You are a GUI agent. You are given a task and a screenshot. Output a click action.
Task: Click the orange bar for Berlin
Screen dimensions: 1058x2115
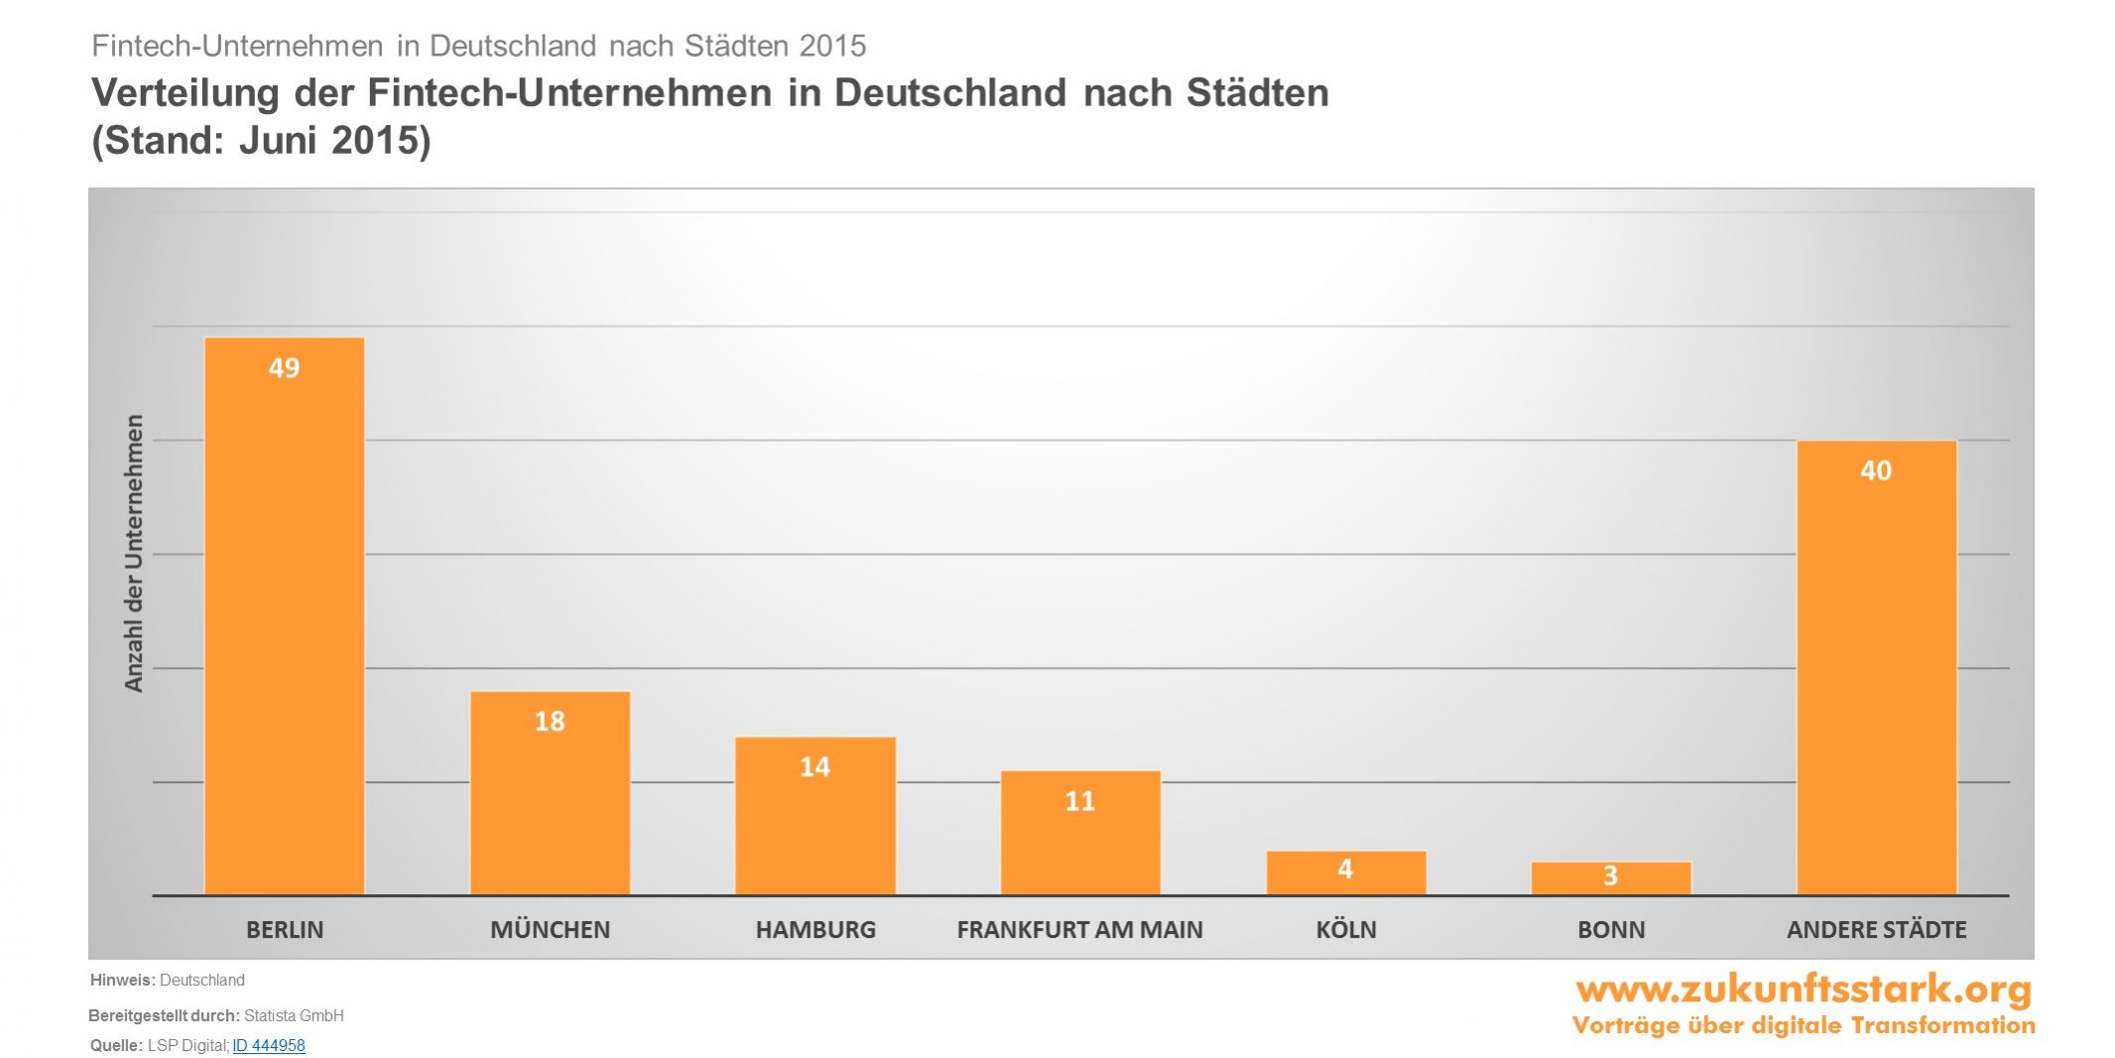(x=285, y=615)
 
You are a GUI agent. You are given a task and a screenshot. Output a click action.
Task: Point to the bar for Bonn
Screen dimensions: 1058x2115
(x=1611, y=878)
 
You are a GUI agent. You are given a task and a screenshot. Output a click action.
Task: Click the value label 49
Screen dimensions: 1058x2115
(x=284, y=368)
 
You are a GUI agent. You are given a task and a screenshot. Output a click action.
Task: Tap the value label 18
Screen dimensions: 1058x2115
(x=550, y=722)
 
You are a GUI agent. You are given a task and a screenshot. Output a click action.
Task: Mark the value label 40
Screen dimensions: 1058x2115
(x=1876, y=470)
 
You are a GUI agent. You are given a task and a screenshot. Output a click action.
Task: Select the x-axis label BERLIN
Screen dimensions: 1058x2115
(x=285, y=930)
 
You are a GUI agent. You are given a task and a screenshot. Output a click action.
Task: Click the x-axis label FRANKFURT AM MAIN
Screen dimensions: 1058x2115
(x=1079, y=930)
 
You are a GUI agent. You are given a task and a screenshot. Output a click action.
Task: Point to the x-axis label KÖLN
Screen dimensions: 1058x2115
(x=1346, y=930)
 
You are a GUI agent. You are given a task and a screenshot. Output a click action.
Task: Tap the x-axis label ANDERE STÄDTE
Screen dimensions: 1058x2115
(x=1876, y=930)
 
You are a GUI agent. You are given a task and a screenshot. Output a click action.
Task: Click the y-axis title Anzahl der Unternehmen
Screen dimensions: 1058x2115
(x=134, y=553)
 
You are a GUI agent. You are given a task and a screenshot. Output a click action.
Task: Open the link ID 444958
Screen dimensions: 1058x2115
(x=269, y=1045)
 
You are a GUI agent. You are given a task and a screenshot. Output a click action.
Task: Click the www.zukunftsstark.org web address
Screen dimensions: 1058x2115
(x=1804, y=989)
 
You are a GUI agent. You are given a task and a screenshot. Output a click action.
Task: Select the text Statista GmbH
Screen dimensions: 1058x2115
(x=294, y=1015)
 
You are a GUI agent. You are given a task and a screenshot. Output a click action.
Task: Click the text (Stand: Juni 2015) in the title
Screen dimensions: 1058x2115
(x=261, y=140)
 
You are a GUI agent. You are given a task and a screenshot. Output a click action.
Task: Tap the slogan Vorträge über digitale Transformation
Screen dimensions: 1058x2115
(x=1804, y=1025)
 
